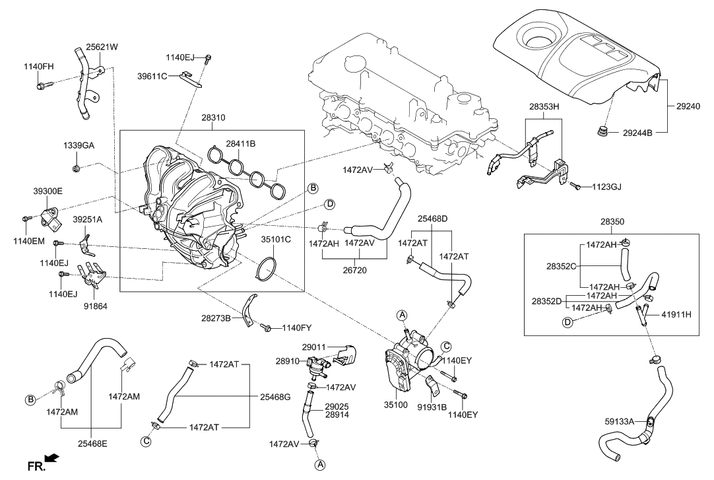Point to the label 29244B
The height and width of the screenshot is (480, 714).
(x=637, y=133)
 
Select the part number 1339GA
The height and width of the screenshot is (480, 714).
(x=79, y=145)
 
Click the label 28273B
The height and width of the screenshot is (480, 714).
(x=216, y=319)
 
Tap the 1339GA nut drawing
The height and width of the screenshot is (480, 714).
(x=77, y=165)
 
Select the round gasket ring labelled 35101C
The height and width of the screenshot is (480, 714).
(x=266, y=269)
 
